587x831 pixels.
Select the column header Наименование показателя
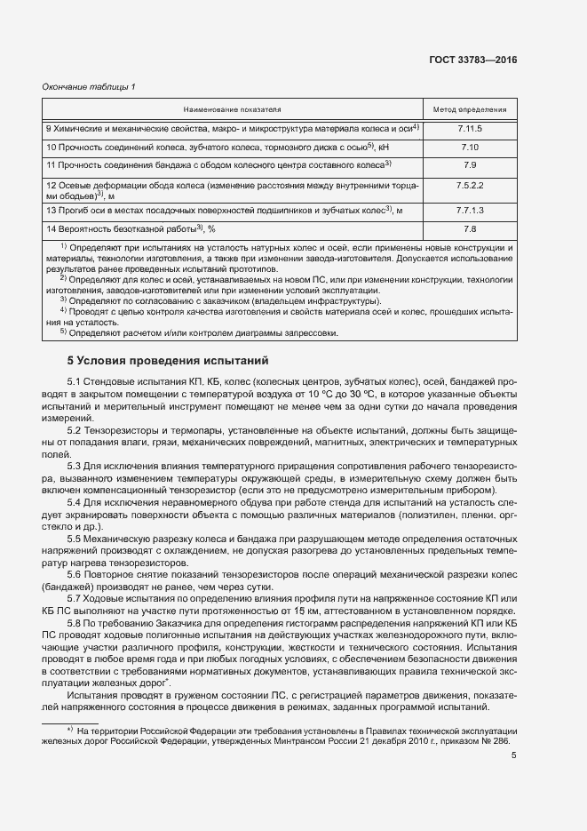tap(232, 109)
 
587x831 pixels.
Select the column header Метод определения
tap(470, 109)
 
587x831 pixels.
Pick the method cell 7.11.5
tap(470, 129)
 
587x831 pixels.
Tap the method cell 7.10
tap(470, 147)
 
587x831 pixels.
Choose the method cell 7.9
tap(470, 165)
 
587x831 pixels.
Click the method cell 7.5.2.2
tap(470, 184)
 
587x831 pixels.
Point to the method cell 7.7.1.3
tap(470, 210)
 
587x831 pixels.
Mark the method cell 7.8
tap(470, 229)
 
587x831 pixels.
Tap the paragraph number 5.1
tap(75, 382)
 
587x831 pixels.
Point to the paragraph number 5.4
tap(75, 503)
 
